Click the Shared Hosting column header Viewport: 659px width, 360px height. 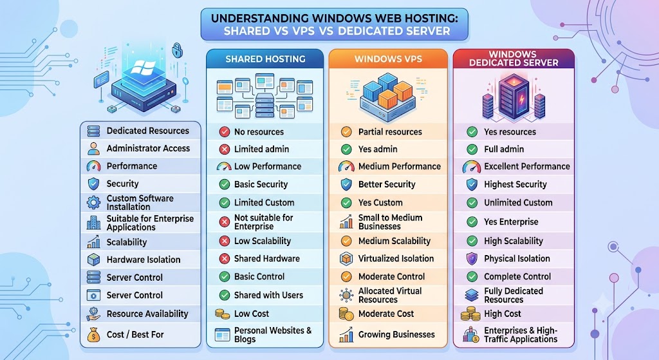(x=265, y=59)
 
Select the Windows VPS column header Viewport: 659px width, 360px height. (x=388, y=59)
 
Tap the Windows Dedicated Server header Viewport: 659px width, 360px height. (x=514, y=59)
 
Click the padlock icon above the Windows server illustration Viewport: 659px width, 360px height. (x=177, y=50)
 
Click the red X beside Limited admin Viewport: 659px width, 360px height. (x=225, y=149)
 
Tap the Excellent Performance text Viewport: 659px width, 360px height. (x=527, y=166)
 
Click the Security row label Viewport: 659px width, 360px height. (x=122, y=184)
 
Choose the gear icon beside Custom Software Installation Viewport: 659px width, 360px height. (x=93, y=202)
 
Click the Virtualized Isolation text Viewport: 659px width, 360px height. (x=396, y=259)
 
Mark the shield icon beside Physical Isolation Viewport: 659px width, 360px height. (x=472, y=259)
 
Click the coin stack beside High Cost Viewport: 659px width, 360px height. (x=470, y=314)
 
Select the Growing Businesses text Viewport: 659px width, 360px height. (x=396, y=334)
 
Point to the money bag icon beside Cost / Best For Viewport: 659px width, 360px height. (x=93, y=334)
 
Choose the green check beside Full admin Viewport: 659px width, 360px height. (x=472, y=149)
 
